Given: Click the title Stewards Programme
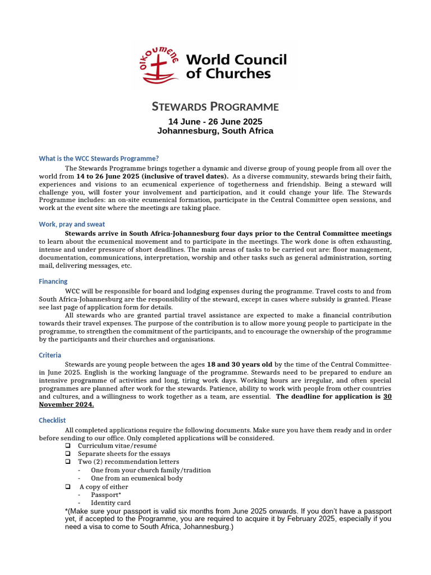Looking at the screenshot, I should [215, 107].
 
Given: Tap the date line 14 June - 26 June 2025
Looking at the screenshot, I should [215, 121].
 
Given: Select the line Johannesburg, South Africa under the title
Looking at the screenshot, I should [215, 131].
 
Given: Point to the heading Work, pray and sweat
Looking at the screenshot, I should [72, 224].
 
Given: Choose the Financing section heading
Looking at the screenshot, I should [53, 281].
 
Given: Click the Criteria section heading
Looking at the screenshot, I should [50, 355].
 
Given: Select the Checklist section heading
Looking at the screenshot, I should [52, 420].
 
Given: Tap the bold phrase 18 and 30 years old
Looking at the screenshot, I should [240, 364].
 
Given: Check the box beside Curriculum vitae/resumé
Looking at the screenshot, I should [67, 445].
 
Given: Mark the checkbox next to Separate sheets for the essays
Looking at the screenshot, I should [67, 454].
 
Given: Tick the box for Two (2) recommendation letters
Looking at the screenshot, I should [67, 462].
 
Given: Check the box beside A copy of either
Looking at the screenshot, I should [67, 487].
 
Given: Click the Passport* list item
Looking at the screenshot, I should [106, 495].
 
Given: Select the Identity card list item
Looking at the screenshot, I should [111, 503].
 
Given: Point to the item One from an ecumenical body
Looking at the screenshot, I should [136, 478].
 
